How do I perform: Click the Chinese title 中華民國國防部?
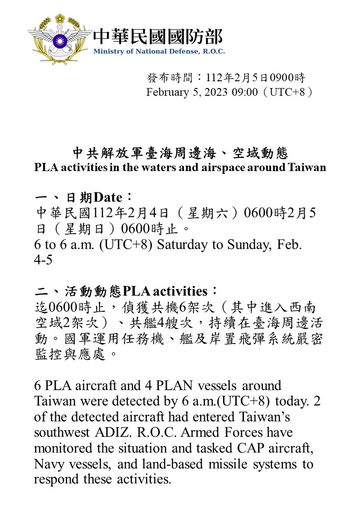(x=158, y=36)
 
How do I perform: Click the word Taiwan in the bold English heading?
(x=307, y=167)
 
